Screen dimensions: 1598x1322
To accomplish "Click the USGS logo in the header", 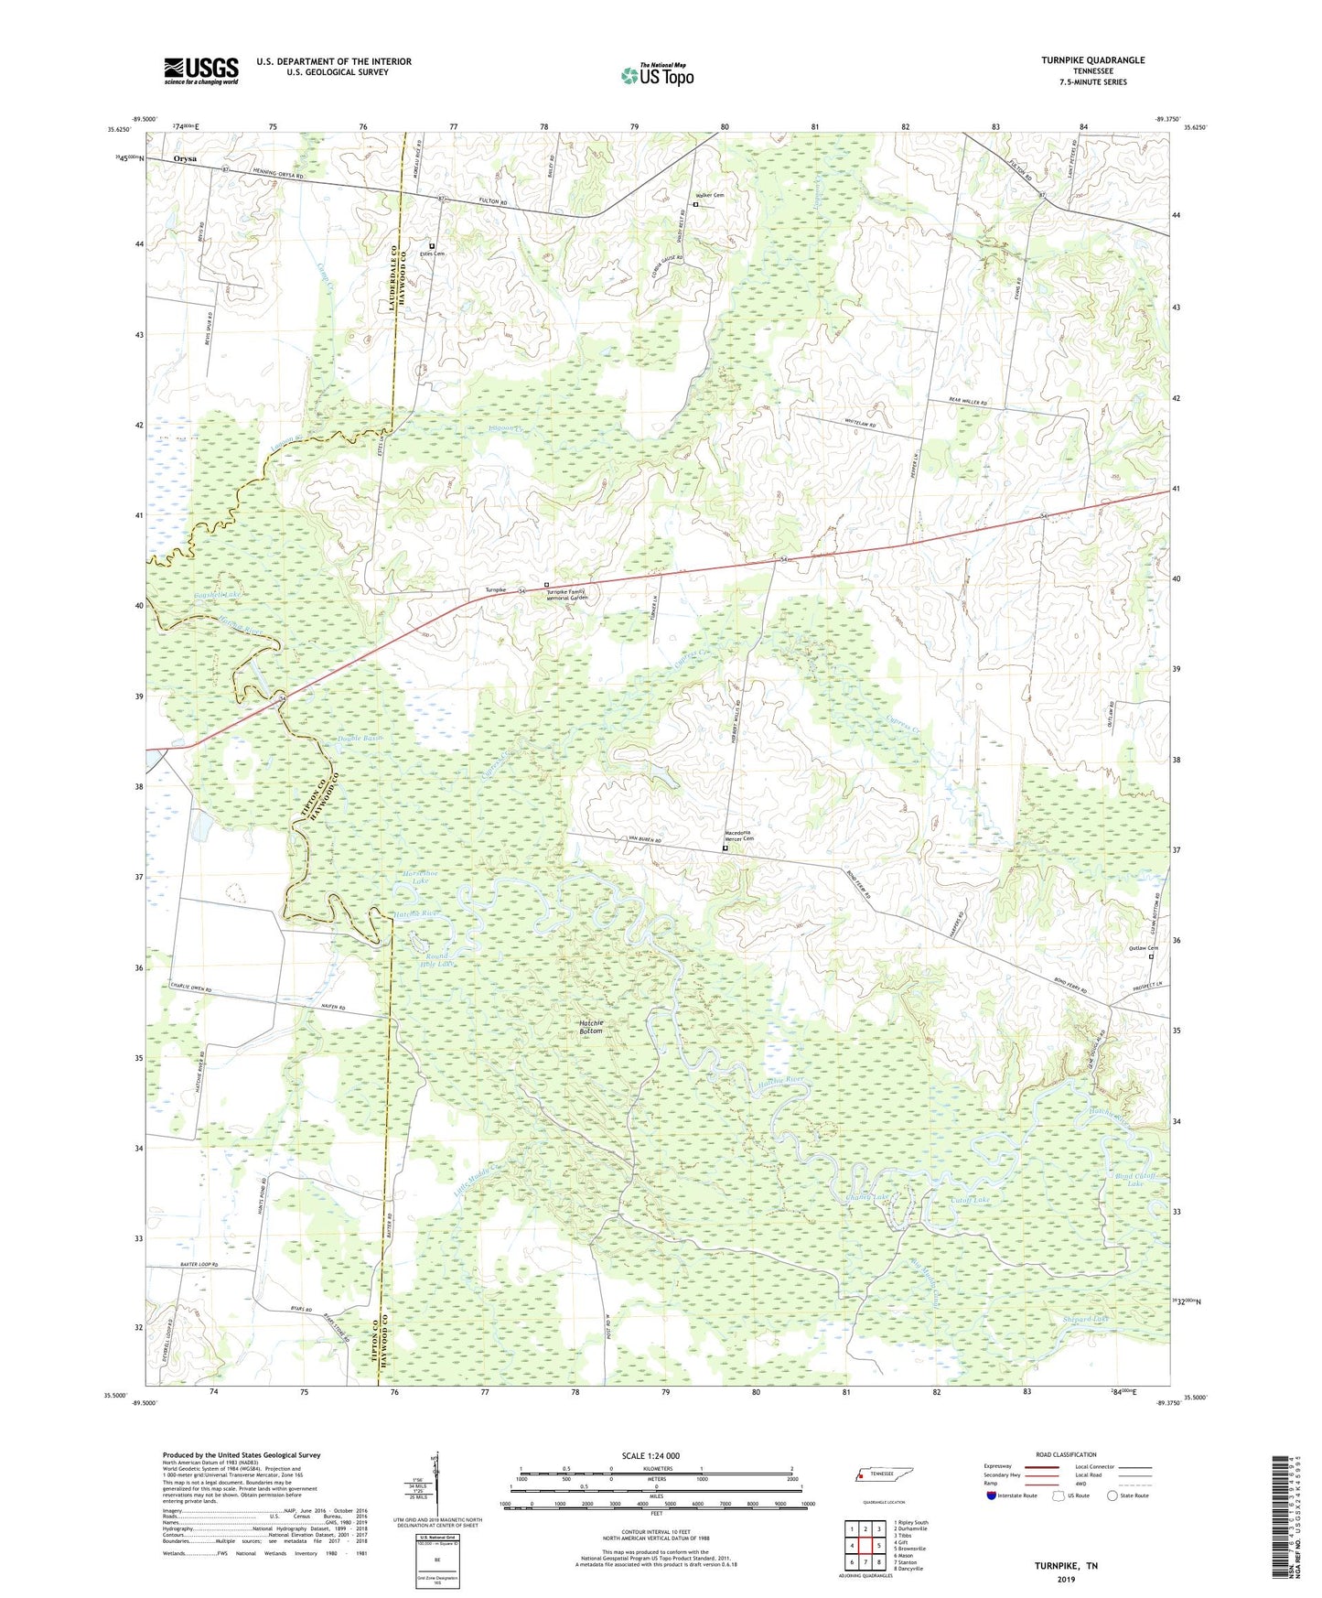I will click(x=201, y=70).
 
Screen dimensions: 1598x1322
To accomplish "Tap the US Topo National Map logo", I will click(x=657, y=74).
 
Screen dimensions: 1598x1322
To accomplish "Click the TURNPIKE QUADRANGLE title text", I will click(x=1092, y=60).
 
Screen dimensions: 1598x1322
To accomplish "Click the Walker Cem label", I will click(x=710, y=195).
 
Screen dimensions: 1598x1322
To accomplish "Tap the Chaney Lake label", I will click(x=866, y=1197).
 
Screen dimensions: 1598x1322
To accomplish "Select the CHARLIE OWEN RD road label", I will click(x=190, y=990).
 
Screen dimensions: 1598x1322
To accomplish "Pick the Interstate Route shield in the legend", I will click(x=992, y=1495).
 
